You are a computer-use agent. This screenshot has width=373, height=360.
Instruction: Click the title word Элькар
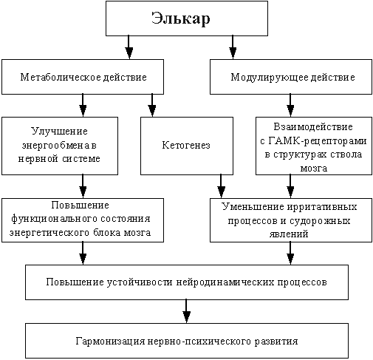[181, 18]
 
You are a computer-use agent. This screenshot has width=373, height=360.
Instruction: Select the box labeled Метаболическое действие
[83, 77]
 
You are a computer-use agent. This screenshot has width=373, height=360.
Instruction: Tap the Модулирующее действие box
[291, 77]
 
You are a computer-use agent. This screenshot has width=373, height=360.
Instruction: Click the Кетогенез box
[187, 146]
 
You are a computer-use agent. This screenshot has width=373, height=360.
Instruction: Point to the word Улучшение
[60, 131]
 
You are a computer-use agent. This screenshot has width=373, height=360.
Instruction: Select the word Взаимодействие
[313, 126]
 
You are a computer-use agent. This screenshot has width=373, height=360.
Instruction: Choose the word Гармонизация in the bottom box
[110, 342]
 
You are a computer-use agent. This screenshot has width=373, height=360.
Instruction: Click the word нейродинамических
[225, 282]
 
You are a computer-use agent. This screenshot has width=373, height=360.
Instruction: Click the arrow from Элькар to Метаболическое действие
[129, 47]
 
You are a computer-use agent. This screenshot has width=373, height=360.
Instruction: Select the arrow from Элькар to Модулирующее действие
[233, 47]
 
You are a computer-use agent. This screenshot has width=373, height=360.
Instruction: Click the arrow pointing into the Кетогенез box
[152, 106]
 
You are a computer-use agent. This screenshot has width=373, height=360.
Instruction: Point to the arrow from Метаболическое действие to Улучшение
[83, 106]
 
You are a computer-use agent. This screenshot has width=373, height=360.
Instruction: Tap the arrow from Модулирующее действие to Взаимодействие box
[290, 106]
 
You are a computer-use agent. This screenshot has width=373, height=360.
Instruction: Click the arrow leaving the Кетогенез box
[221, 186]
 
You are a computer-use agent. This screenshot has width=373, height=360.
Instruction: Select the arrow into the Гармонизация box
[186, 311]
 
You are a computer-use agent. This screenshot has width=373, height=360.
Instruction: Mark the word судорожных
[320, 220]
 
